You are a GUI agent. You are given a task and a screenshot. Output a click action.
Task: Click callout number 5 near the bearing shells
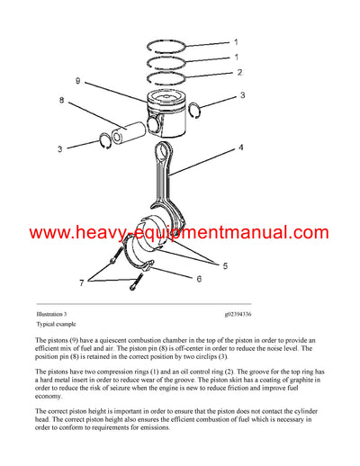coord(225,265)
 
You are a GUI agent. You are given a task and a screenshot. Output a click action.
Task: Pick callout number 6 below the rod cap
coord(198,279)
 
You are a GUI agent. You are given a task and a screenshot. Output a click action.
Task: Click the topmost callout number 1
coord(237,42)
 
